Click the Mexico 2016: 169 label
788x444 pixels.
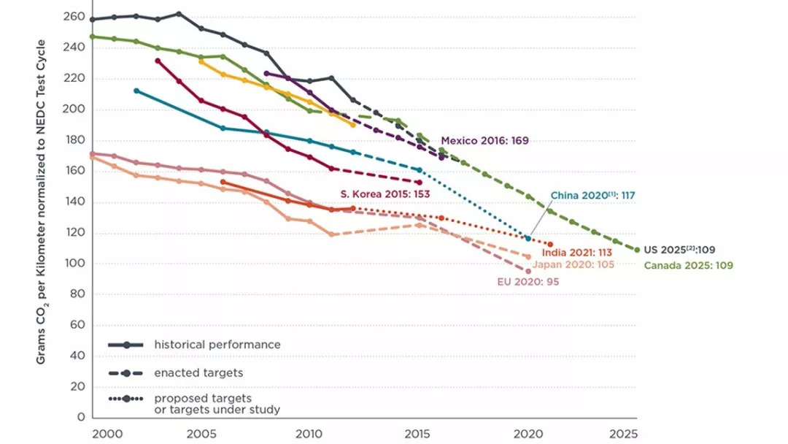click(x=484, y=140)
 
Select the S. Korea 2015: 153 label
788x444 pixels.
click(x=385, y=194)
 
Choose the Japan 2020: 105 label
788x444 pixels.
click(x=573, y=264)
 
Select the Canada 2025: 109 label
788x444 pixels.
click(x=688, y=266)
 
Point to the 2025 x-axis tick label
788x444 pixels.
click(x=625, y=433)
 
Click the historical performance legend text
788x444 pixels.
click(x=217, y=345)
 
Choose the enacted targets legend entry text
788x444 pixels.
click(x=198, y=373)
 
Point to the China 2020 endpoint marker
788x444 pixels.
click(x=528, y=238)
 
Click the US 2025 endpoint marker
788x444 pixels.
click(x=637, y=250)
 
